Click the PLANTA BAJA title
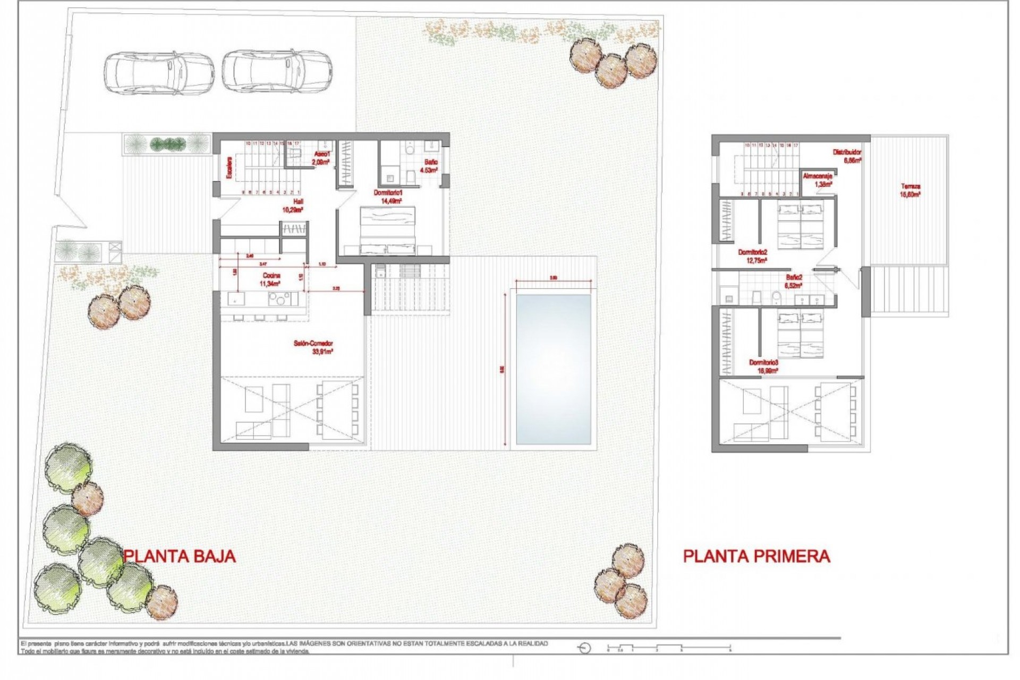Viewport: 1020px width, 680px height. coord(180,556)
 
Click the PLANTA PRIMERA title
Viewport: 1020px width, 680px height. coord(756,556)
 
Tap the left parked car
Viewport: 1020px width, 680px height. coord(159,73)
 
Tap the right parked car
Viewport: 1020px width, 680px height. coord(277,72)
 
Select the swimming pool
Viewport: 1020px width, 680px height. coord(553,369)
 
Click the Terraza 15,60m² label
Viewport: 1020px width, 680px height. coord(910,190)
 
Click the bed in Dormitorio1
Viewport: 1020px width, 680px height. coord(388,231)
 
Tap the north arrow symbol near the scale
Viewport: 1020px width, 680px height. coord(584,648)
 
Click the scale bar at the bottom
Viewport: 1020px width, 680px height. coord(669,648)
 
